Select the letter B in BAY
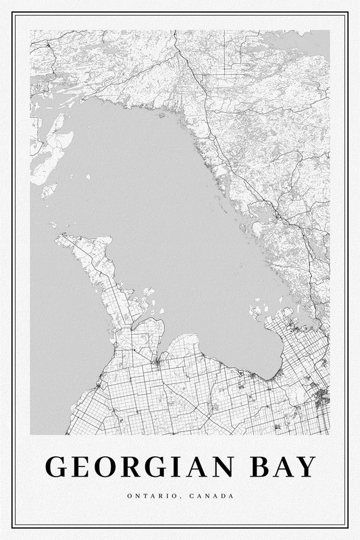tap(262, 467)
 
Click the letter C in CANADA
tap(192, 497)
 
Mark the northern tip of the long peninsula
tap(59, 237)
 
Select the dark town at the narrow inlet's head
tap(157, 364)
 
